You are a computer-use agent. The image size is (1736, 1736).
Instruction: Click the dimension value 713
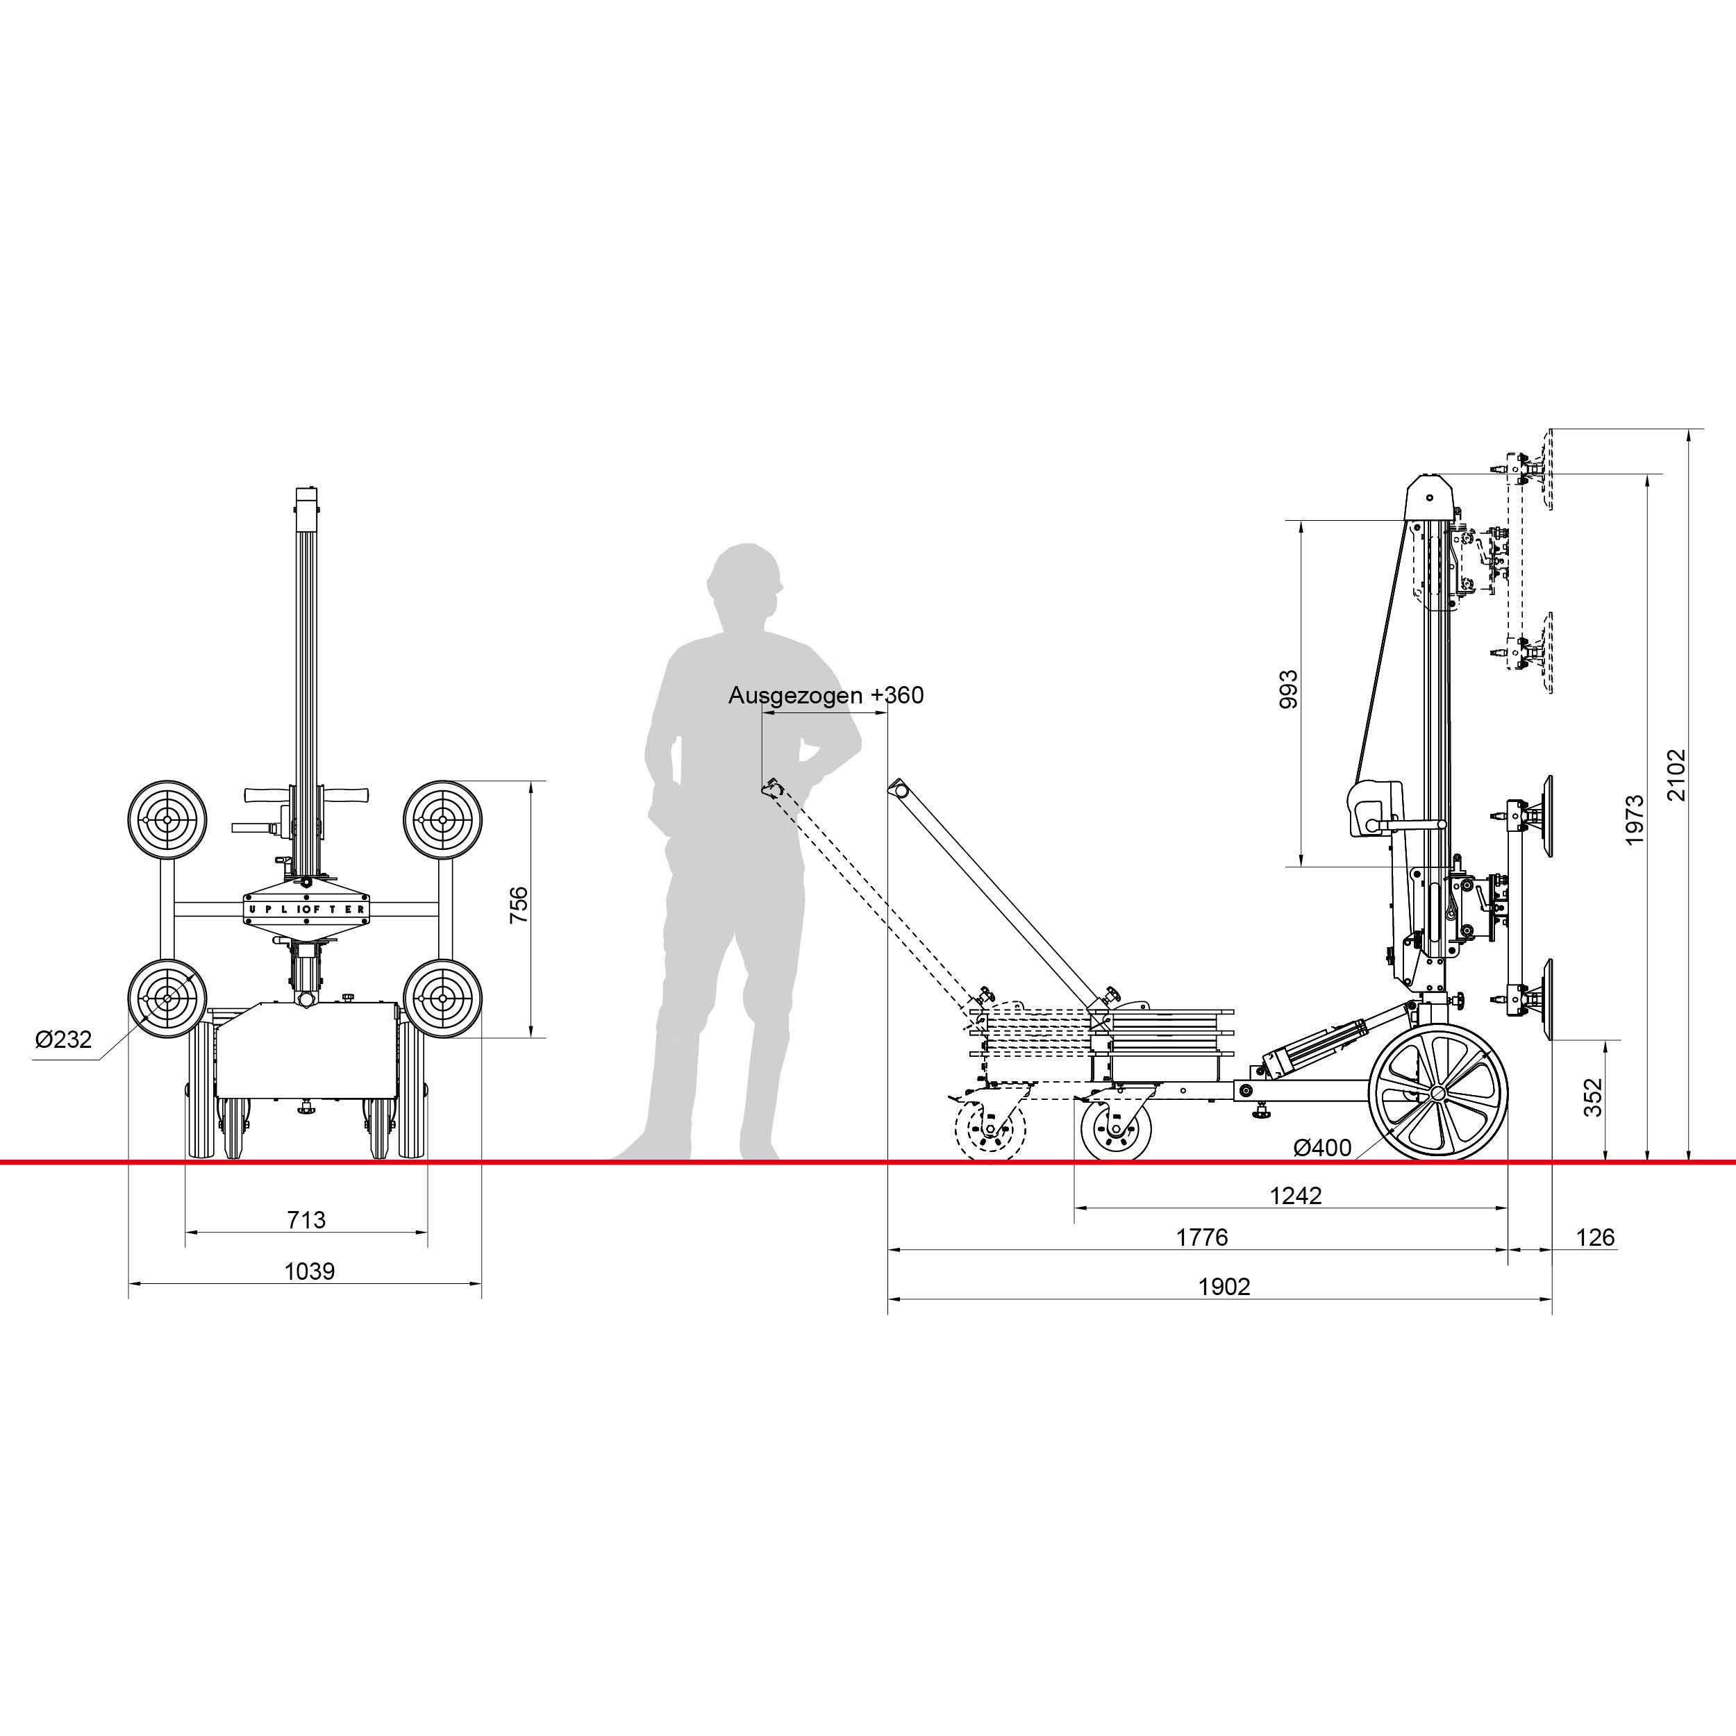[306, 1219]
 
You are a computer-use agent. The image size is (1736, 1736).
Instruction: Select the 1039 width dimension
[309, 1271]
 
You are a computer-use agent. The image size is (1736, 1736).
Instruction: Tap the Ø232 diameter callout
[63, 1040]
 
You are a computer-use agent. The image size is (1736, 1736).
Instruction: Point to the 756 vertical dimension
[519, 905]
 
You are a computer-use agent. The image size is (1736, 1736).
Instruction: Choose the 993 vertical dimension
[1289, 689]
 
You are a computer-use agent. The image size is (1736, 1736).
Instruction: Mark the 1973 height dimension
[1635, 819]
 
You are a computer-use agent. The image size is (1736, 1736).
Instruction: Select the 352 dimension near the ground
[1592, 1097]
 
